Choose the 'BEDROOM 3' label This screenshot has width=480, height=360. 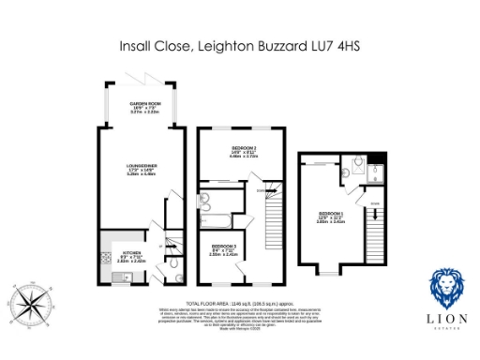223,249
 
